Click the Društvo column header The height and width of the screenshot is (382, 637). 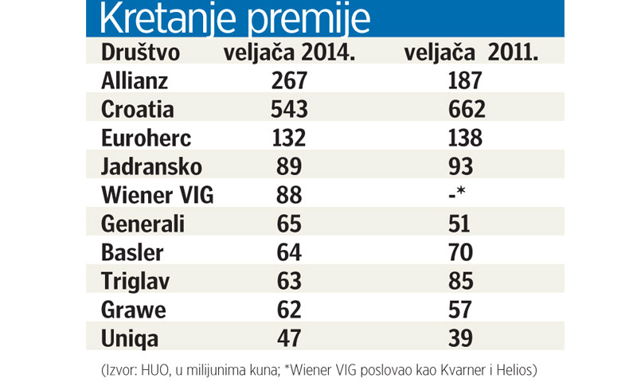[141, 53]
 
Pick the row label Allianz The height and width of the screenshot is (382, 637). [135, 80]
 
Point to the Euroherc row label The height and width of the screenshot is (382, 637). [147, 138]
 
